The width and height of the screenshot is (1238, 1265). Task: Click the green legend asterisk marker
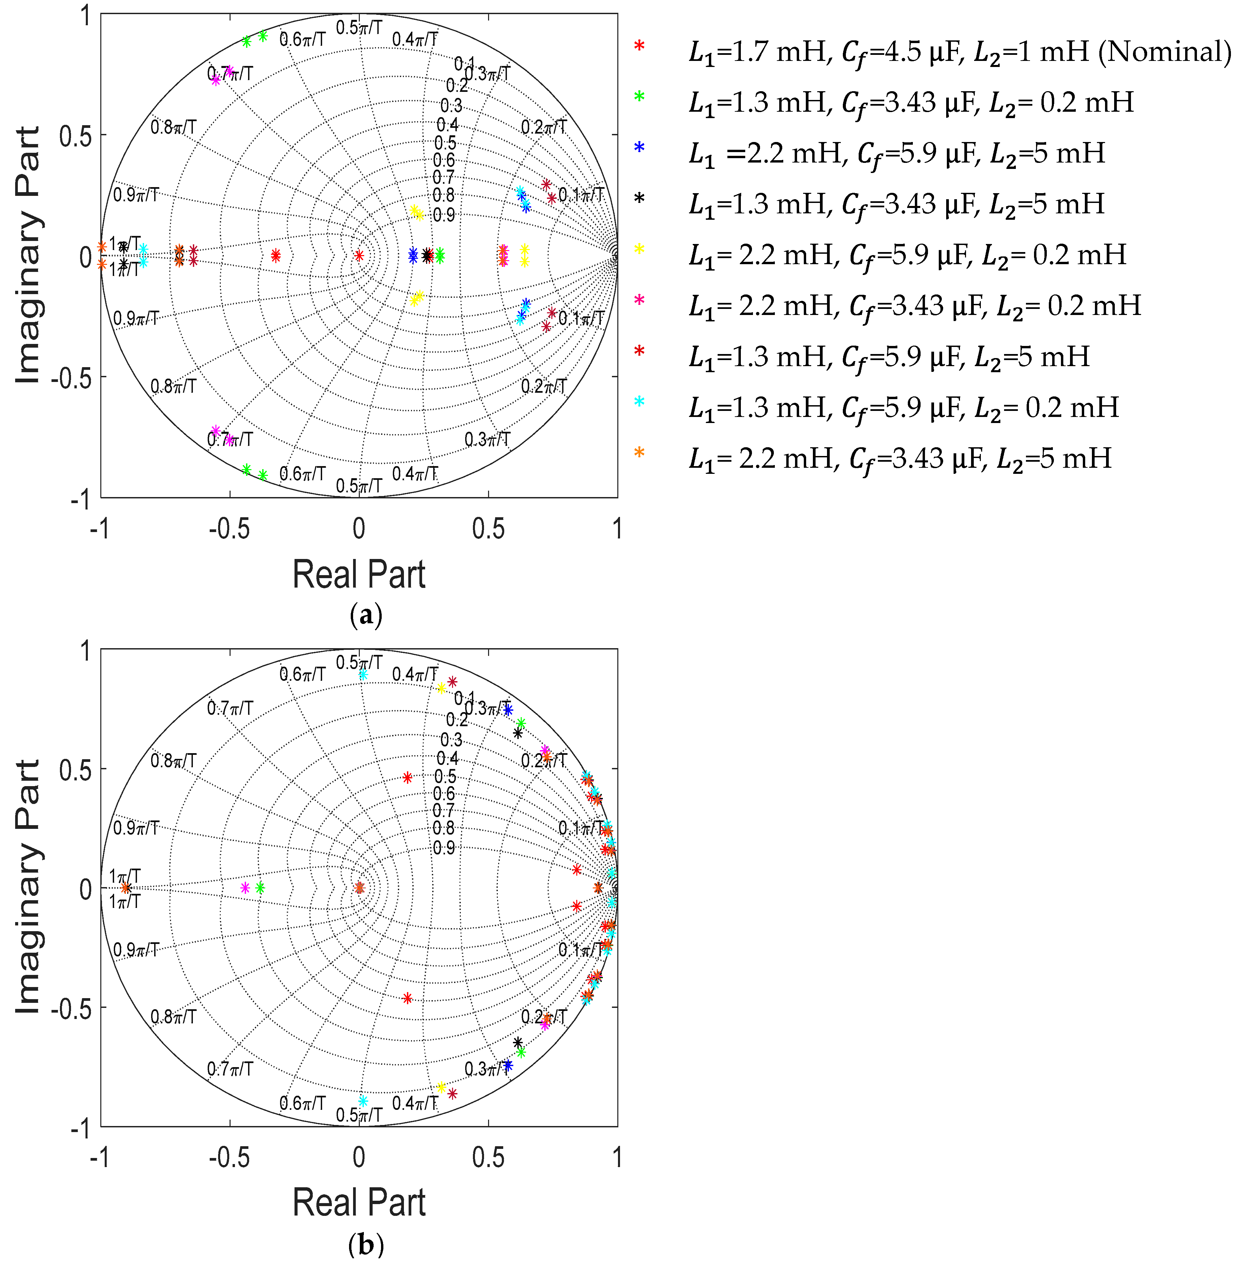(x=639, y=96)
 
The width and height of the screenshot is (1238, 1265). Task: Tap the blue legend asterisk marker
(x=639, y=147)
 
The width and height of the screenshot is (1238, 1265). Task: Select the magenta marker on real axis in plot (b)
(x=245, y=888)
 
